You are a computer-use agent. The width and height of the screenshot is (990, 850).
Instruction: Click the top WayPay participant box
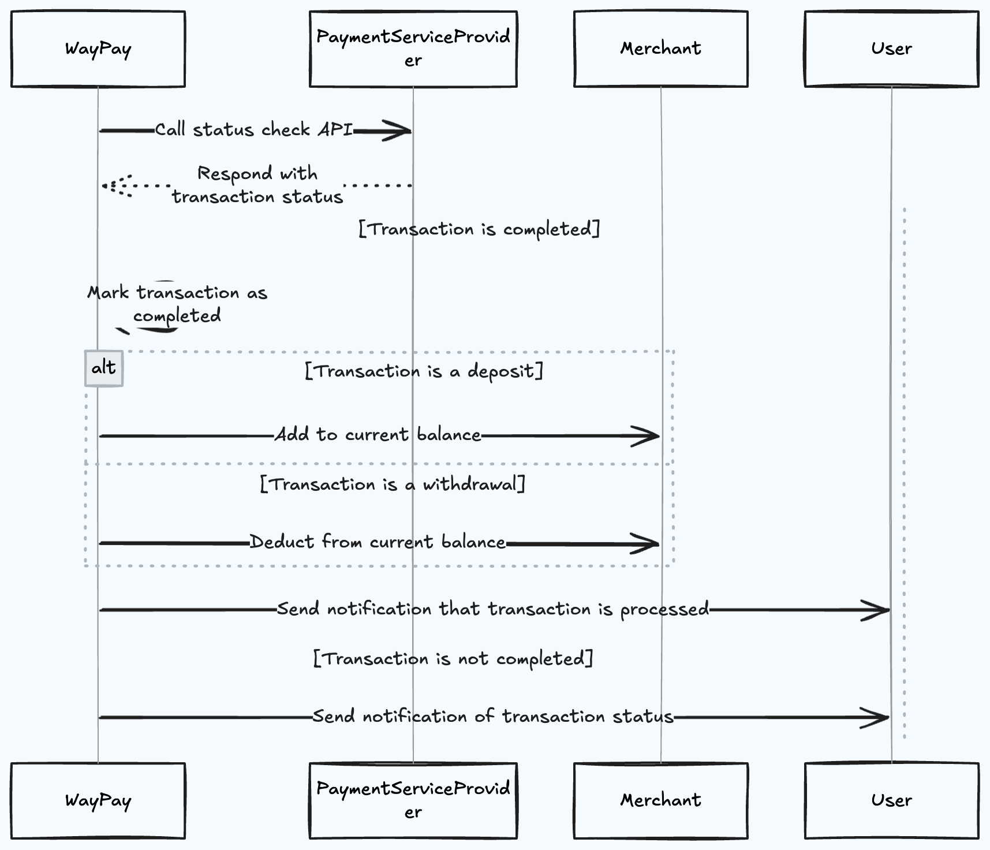(x=98, y=49)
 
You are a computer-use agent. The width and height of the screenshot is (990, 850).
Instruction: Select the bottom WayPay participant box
(x=98, y=800)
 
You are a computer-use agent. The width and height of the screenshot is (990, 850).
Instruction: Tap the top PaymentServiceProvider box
(x=413, y=49)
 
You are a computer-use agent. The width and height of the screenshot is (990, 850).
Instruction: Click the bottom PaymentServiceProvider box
(x=413, y=800)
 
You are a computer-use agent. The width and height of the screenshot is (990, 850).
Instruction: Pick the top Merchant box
(x=660, y=49)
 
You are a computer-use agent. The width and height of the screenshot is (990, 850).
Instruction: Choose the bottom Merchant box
(x=660, y=800)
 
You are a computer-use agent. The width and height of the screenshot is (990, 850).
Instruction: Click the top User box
(x=891, y=49)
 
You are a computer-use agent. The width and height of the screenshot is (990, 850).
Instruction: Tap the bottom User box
(x=891, y=800)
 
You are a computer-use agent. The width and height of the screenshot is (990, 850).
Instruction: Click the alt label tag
(x=104, y=368)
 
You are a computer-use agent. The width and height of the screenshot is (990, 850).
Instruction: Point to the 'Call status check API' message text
(x=254, y=130)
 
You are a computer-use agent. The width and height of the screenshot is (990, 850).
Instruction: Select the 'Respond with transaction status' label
(x=257, y=185)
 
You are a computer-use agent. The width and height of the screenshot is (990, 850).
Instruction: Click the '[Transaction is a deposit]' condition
(x=424, y=371)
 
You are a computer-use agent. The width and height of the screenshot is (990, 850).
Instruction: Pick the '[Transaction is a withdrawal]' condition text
(x=393, y=484)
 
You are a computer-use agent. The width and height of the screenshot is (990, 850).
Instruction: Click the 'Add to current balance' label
(x=378, y=434)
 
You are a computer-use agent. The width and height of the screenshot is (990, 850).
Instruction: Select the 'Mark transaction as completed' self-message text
(x=177, y=304)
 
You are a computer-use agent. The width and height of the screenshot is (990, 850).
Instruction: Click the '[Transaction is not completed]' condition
(x=453, y=659)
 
